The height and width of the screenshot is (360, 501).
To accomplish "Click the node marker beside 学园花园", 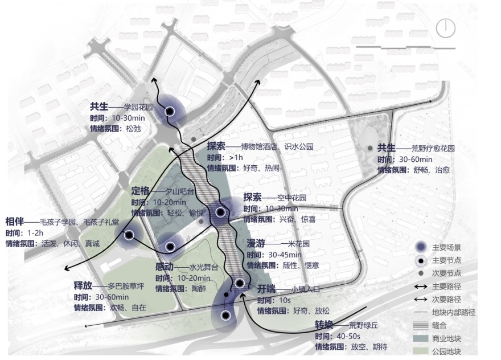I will point(169,112).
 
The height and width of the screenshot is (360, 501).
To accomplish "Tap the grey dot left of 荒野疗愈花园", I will point(371,148).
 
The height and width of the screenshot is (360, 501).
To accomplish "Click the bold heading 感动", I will point(165,267).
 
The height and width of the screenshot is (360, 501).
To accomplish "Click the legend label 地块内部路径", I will point(454,312).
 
